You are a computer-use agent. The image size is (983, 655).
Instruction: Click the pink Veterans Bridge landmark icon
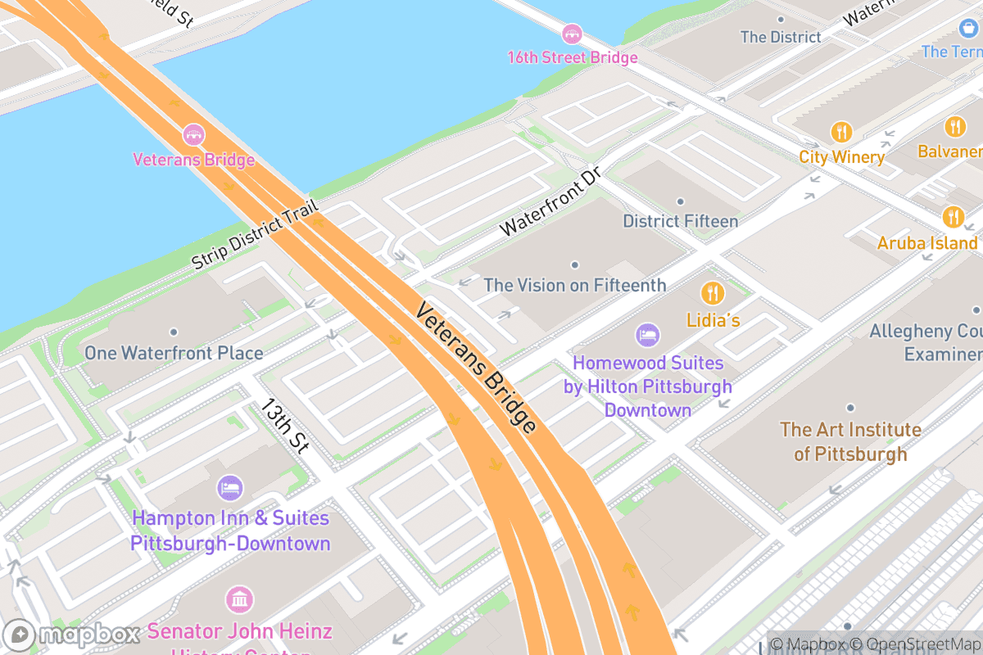pos(193,133)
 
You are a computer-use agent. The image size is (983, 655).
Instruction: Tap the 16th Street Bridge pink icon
pos(572,34)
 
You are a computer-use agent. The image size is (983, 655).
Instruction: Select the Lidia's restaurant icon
pos(713,292)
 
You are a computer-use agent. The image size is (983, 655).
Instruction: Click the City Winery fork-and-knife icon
pos(841,131)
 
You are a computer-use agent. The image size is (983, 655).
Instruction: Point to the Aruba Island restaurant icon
pos(953,216)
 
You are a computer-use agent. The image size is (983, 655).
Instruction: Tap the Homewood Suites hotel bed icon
pos(647,335)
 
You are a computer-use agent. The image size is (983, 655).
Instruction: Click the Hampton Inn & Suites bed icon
pos(230,489)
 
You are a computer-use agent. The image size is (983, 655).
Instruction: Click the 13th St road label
pos(284,426)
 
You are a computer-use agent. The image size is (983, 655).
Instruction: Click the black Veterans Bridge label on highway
pos(476,368)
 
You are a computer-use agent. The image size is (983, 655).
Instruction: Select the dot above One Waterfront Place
pos(174,332)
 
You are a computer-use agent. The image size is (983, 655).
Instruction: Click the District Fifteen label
pos(680,221)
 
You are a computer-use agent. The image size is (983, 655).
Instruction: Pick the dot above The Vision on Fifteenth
pos(575,264)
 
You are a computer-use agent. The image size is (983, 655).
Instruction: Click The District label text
pos(780,37)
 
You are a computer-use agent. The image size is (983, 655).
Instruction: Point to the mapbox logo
pos(74,635)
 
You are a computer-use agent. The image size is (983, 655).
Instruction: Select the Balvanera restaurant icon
pos(954,127)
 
